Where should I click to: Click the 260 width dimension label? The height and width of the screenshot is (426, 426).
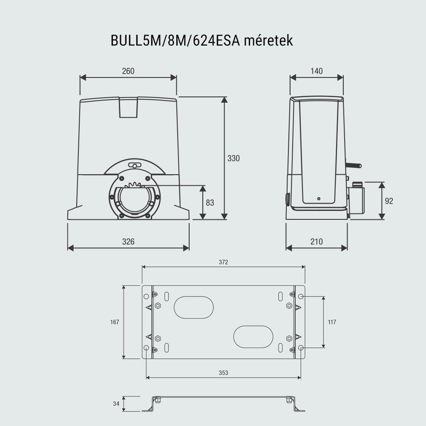tap(128, 71)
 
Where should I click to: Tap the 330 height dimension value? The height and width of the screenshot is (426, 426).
tap(233, 158)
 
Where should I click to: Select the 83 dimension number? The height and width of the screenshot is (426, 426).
tap(210, 203)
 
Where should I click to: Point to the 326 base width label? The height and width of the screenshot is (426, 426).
tap(128, 242)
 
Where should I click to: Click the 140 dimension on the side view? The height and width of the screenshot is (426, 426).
tap(317, 71)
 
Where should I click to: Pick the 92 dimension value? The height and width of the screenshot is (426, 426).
tap(389, 201)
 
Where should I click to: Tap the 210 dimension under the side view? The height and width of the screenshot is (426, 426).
tap(317, 242)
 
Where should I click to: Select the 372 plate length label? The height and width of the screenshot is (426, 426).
tap(223, 262)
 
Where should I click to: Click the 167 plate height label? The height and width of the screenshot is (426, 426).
tap(115, 322)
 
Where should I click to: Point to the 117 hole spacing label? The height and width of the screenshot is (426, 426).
tap(332, 322)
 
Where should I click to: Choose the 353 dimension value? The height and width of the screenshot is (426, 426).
tap(223, 373)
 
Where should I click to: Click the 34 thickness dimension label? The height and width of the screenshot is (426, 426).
tap(116, 403)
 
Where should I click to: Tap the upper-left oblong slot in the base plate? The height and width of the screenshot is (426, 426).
tap(193, 307)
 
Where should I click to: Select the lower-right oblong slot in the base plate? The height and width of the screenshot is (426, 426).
tap(253, 337)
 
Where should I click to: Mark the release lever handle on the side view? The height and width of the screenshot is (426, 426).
tap(354, 165)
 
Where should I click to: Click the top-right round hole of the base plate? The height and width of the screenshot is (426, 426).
tap(301, 296)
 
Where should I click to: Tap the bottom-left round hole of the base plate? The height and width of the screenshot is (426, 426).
tap(147, 348)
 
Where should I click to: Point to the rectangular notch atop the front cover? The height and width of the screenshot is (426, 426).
tap(128, 107)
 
